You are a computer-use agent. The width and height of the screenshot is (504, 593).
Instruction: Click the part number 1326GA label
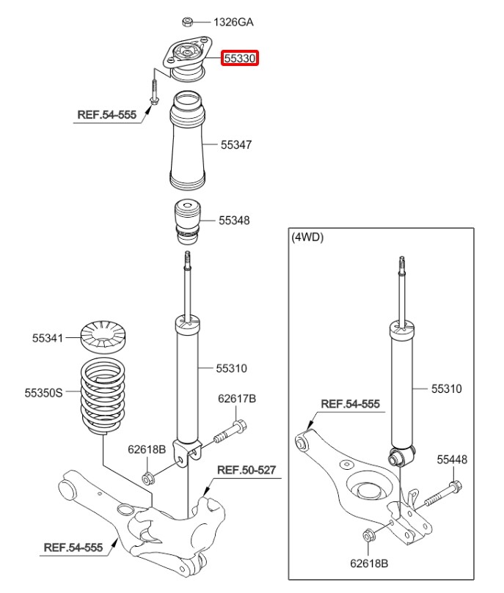point(233,22)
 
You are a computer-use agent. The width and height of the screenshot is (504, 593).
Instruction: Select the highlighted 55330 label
point(241,58)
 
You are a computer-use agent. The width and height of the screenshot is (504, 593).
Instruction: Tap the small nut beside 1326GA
point(188,21)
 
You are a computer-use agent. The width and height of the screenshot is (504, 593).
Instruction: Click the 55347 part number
point(236,145)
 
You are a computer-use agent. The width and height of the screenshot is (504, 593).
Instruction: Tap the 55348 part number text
point(234,220)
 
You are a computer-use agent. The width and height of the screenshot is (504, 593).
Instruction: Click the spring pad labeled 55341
point(103,337)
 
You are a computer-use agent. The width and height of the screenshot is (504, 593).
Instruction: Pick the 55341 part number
point(47,339)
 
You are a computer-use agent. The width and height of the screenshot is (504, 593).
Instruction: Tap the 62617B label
point(237,399)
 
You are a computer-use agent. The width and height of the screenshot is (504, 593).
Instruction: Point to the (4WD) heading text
point(307,237)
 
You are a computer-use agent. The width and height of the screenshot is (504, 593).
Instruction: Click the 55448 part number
point(452,460)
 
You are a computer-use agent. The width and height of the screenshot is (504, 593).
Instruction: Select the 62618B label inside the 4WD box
point(368,565)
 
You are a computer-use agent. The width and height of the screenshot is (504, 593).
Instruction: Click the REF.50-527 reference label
point(246,469)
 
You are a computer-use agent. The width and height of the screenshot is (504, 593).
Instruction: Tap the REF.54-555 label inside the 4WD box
point(350,404)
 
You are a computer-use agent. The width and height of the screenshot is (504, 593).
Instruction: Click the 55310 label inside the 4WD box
point(446,389)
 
